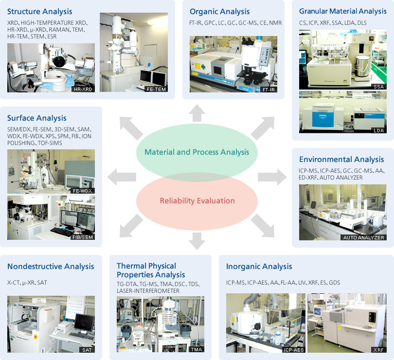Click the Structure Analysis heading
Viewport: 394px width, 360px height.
[39, 11]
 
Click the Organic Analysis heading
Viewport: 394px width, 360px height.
[219, 11]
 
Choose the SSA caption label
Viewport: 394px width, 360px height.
[378, 86]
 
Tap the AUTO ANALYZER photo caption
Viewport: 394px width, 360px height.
[364, 237]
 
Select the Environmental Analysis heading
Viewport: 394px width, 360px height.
[341, 160]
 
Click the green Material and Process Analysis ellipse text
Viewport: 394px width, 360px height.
[197, 152]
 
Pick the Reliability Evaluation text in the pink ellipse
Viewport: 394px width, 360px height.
[197, 200]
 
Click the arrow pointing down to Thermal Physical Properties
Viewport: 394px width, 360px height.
[197, 240]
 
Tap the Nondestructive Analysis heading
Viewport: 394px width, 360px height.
[51, 267]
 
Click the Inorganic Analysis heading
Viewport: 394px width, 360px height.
[259, 267]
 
